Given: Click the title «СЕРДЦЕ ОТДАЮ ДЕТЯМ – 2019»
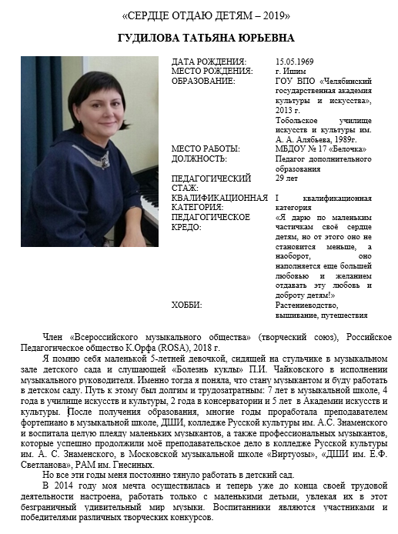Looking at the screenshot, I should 199,16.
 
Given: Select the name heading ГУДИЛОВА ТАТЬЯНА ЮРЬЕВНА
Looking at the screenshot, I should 199,38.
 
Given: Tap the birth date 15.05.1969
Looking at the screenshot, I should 291,61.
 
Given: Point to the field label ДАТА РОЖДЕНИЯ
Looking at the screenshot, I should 209,61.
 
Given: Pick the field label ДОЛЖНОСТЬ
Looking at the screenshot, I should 199,159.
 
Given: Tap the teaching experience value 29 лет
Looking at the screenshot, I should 286,179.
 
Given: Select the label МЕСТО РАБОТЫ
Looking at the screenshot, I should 206,149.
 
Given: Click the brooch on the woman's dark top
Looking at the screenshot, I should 101,159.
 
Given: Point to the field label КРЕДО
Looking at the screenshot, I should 186,227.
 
